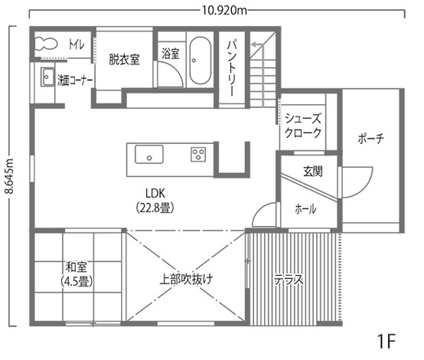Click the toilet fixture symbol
tap(46, 44)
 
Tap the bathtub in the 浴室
tap(200, 61)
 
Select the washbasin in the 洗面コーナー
tap(47, 77)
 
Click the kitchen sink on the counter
tap(149, 154)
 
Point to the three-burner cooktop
tap(198, 154)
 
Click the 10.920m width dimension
tap(224, 11)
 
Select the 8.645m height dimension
tap(10, 176)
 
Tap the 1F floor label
tap(386, 341)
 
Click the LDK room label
tap(155, 193)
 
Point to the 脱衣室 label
tap(124, 60)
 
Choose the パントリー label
tap(232, 68)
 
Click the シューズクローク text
tap(303, 126)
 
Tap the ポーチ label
tap(370, 139)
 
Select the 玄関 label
tap(313, 172)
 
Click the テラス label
tap(289, 280)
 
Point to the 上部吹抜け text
tap(186, 279)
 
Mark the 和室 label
tap(77, 267)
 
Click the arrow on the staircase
tap(257, 44)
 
